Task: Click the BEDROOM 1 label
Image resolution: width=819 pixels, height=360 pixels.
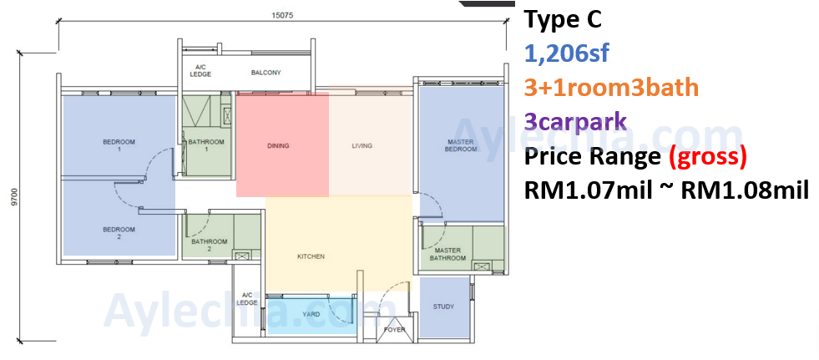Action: tap(119, 145)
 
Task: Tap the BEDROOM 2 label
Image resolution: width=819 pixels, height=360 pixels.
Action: tap(119, 233)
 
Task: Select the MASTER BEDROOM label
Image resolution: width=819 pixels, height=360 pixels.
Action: tap(461, 145)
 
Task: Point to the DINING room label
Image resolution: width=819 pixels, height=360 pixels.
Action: tap(278, 146)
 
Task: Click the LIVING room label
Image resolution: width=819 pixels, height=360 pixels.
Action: tap(362, 146)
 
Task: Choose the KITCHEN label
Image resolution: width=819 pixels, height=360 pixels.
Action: tap(311, 256)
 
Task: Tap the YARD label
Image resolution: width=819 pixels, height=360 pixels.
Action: tap(311, 315)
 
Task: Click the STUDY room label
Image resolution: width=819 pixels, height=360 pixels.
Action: tap(443, 307)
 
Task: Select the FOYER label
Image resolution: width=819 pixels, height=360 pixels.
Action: tap(394, 330)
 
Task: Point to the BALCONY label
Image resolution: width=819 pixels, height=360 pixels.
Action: tap(265, 73)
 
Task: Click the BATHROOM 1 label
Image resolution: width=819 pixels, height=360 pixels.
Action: tap(206, 145)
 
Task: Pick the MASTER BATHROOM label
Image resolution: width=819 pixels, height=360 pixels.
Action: tap(447, 255)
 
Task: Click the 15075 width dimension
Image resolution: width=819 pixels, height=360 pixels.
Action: tap(282, 15)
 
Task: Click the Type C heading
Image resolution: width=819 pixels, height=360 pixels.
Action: tap(563, 20)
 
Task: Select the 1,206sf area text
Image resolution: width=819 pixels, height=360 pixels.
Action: tap(566, 53)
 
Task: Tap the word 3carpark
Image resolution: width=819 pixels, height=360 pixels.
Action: tap(575, 121)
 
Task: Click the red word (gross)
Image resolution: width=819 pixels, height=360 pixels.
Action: tap(707, 157)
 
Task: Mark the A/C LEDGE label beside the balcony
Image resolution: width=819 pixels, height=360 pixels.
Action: tap(200, 71)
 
